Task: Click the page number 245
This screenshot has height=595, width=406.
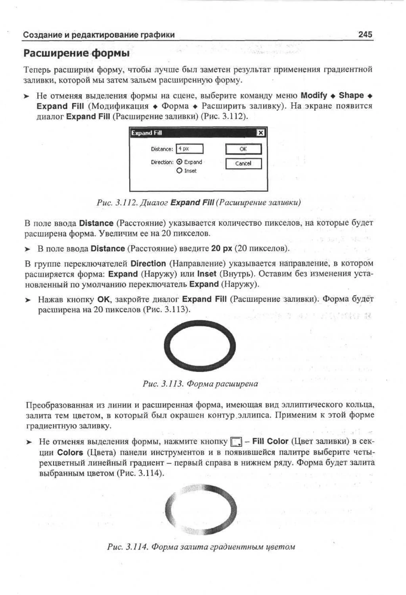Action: (x=365, y=34)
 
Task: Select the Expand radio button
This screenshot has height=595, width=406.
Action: (x=180, y=162)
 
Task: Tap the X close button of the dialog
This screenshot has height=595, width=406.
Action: (x=260, y=133)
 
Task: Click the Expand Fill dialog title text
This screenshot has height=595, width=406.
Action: (x=147, y=133)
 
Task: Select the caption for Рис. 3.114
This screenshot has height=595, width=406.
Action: (x=201, y=547)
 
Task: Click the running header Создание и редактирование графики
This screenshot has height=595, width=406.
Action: (x=99, y=35)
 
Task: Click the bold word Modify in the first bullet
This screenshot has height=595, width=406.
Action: (x=314, y=95)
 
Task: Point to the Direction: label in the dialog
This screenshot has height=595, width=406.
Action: (x=162, y=162)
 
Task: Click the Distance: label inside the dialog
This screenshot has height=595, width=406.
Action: (x=162, y=149)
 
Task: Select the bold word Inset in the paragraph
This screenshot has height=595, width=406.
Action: (x=207, y=274)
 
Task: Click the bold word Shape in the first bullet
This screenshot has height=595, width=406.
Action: (x=351, y=95)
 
